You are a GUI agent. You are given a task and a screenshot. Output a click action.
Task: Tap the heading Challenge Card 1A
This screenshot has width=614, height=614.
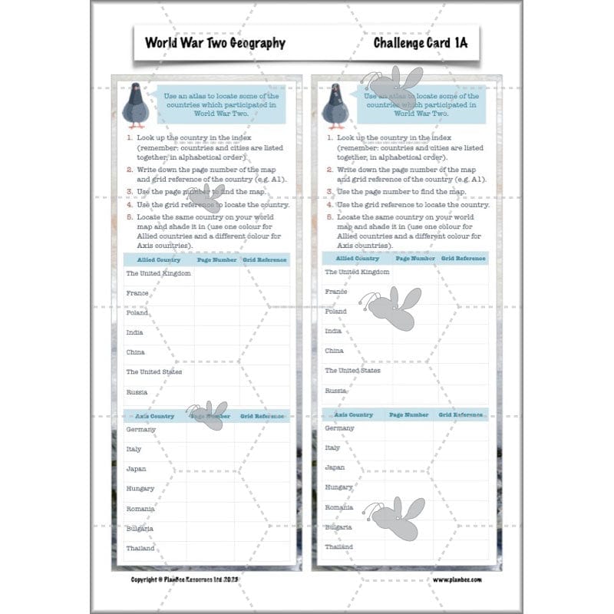(420, 43)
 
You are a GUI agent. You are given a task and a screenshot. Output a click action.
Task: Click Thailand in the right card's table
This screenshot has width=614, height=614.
(338, 547)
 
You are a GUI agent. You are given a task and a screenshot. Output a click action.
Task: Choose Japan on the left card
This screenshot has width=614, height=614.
(136, 468)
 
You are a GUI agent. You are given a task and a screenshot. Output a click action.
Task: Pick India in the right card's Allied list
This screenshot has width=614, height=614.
(333, 331)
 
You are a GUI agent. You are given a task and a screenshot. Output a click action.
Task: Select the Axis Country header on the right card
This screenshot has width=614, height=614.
(349, 414)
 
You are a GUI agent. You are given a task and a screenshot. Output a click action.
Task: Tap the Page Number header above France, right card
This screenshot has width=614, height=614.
(414, 259)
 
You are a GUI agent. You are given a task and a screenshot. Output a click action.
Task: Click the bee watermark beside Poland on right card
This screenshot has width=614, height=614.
(394, 308)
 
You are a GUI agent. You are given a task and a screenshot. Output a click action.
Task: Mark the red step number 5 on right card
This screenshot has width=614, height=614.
(328, 217)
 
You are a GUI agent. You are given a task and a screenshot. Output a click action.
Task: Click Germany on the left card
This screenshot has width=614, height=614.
(140, 429)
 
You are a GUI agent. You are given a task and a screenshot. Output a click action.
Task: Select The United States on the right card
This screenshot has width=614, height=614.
(352, 371)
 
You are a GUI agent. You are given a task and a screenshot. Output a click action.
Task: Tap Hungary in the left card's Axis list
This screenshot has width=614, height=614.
(140, 488)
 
